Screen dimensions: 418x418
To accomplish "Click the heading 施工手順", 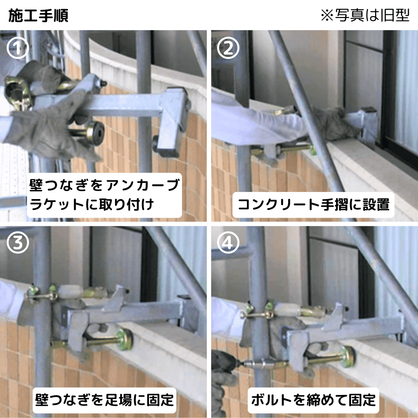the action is click(38, 16).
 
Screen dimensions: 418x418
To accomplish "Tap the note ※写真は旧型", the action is click(365, 15).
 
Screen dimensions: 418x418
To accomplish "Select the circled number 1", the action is click(17, 48).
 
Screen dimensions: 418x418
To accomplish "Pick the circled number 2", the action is click(228, 48).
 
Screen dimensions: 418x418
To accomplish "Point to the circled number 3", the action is click(17, 243).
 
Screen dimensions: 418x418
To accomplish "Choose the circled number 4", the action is click(228, 243).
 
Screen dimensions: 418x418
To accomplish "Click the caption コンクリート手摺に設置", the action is click(313, 205).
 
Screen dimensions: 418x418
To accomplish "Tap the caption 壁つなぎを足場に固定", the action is click(104, 400).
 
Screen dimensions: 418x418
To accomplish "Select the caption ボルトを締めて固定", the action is click(313, 400).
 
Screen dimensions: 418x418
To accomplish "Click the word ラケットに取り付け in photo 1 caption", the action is click(92, 205).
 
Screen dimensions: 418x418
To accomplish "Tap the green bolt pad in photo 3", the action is click(124, 339).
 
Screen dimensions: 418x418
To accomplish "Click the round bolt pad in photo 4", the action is click(347, 357).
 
